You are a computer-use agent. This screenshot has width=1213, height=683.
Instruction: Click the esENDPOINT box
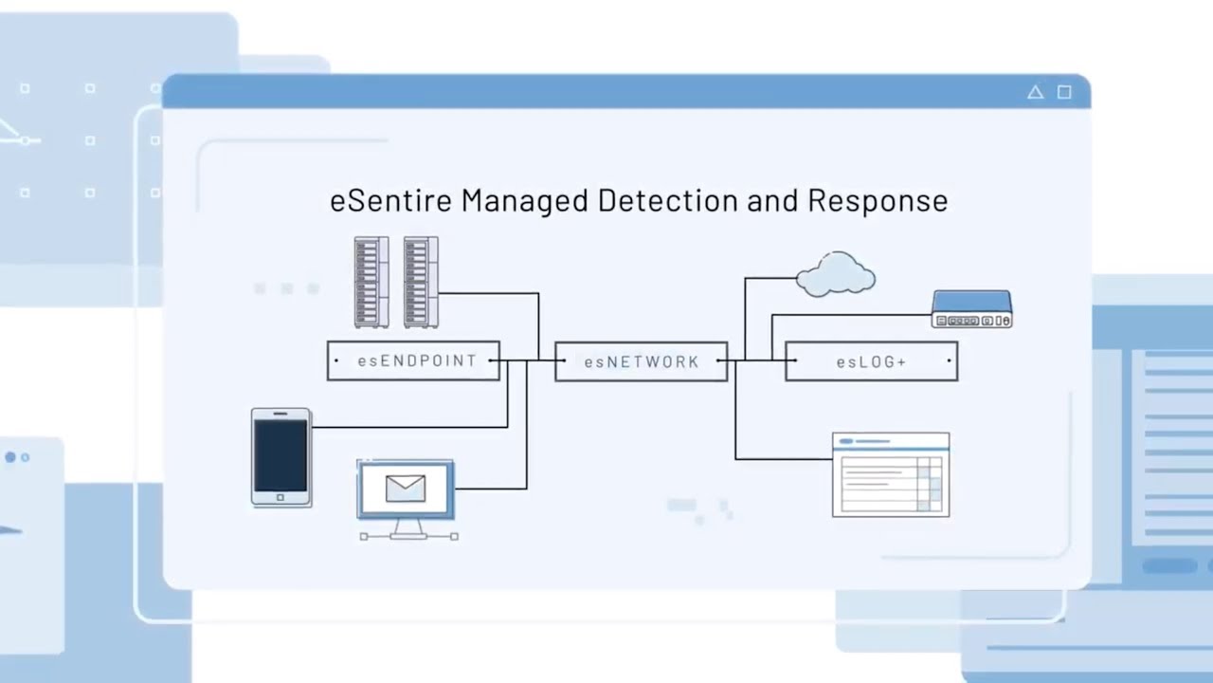pyautogui.click(x=413, y=361)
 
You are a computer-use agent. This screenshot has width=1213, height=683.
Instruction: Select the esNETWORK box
pyautogui.click(x=642, y=361)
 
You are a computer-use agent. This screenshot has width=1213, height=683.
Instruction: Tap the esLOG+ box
pyautogui.click(x=871, y=361)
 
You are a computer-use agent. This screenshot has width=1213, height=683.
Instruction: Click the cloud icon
pyautogui.click(x=835, y=274)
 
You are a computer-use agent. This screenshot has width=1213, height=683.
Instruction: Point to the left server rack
pyautogui.click(x=371, y=282)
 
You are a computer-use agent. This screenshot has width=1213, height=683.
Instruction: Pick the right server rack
pyautogui.click(x=421, y=282)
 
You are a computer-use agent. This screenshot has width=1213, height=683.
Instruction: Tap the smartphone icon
pyautogui.click(x=281, y=457)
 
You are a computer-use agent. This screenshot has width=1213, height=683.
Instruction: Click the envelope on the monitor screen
pyautogui.click(x=406, y=489)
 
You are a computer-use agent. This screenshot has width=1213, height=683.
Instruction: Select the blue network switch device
pyautogui.click(x=971, y=308)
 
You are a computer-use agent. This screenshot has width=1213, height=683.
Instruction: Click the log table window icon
pyautogui.click(x=890, y=475)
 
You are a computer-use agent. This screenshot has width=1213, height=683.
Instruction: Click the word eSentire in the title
pyautogui.click(x=391, y=201)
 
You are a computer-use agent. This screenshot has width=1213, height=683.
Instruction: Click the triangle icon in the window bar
pyautogui.click(x=1035, y=92)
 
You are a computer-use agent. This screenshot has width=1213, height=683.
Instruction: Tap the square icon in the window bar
pyautogui.click(x=1064, y=92)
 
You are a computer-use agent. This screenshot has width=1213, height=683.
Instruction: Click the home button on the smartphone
pyautogui.click(x=281, y=497)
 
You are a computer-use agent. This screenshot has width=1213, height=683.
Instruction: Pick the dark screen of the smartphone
pyautogui.click(x=281, y=454)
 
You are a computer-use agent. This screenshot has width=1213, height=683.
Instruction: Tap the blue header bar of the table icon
pyautogui.click(x=890, y=440)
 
